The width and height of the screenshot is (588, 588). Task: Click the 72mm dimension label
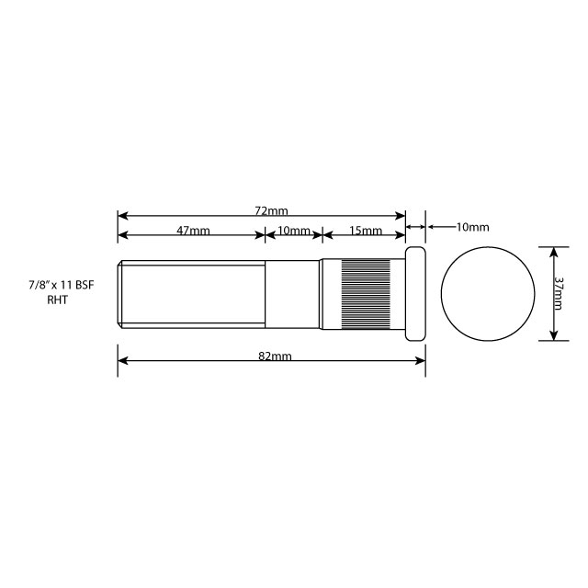[270, 211]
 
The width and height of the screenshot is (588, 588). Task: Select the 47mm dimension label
[193, 231]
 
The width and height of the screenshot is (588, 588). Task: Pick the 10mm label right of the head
[472, 226]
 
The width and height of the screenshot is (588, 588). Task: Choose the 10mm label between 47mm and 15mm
[294, 231]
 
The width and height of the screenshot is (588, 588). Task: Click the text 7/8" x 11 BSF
[62, 287]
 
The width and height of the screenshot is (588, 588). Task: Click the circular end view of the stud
[488, 293]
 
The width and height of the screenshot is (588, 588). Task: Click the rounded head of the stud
[415, 293]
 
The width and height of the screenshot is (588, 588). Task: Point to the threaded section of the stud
[193, 293]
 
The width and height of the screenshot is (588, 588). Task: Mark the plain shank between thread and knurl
[294, 293]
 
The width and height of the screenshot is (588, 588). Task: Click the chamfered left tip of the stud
[121, 293]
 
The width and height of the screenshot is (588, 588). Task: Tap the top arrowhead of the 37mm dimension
[554, 251]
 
